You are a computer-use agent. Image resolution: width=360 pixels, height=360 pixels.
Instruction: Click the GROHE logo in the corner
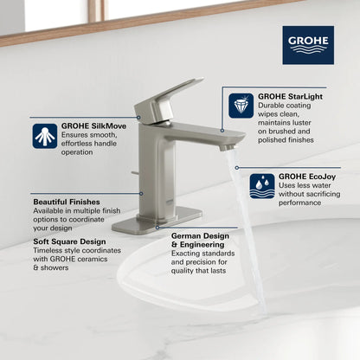pyautogui.click(x=307, y=44)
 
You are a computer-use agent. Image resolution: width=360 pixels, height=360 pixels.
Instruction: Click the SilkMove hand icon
pyautogui.click(x=45, y=136)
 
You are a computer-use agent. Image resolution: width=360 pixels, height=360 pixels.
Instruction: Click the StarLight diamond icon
pyautogui.click(x=241, y=106)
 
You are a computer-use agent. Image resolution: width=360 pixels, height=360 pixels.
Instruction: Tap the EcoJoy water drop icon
pyautogui.click(x=262, y=185)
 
